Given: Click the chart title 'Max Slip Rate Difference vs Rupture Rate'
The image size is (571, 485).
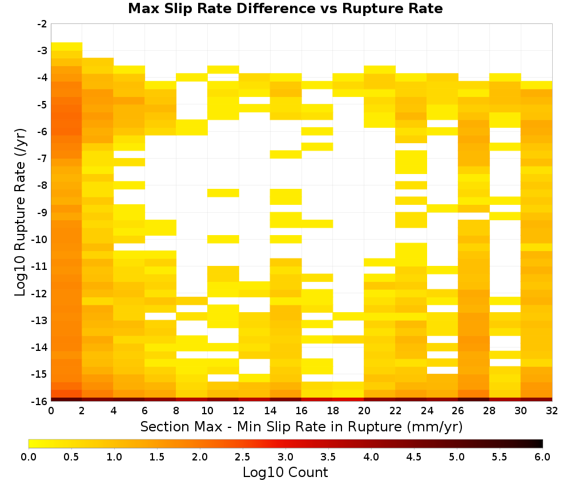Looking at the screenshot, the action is (x=285, y=9).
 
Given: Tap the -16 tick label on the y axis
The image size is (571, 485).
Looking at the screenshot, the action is (x=40, y=401).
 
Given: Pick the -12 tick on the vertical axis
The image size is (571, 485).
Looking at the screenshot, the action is (x=40, y=293).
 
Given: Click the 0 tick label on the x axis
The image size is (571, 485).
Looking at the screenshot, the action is (x=51, y=411).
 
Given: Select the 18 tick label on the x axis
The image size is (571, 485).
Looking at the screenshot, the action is (x=333, y=411).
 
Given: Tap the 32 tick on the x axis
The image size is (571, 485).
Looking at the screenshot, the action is (x=552, y=411).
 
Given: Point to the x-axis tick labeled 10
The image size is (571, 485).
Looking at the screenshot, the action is (x=208, y=411).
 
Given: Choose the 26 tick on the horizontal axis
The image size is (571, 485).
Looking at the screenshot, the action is (x=458, y=411).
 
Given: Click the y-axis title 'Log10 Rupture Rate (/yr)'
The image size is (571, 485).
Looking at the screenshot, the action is (x=20, y=212).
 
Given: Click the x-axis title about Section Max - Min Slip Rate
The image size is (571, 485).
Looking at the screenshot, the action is (x=301, y=426).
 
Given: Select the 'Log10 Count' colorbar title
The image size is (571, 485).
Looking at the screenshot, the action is (x=285, y=472).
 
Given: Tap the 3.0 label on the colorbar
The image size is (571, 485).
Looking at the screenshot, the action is (x=285, y=457).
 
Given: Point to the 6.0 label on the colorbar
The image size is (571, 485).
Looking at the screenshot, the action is (x=542, y=457).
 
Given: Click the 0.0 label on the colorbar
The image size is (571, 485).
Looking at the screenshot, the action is (x=29, y=457).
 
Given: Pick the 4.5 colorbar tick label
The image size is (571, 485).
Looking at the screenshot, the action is (x=414, y=457).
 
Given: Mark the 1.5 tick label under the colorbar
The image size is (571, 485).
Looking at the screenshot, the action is (x=157, y=457).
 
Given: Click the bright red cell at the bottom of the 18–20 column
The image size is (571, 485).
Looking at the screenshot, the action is (x=348, y=399).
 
